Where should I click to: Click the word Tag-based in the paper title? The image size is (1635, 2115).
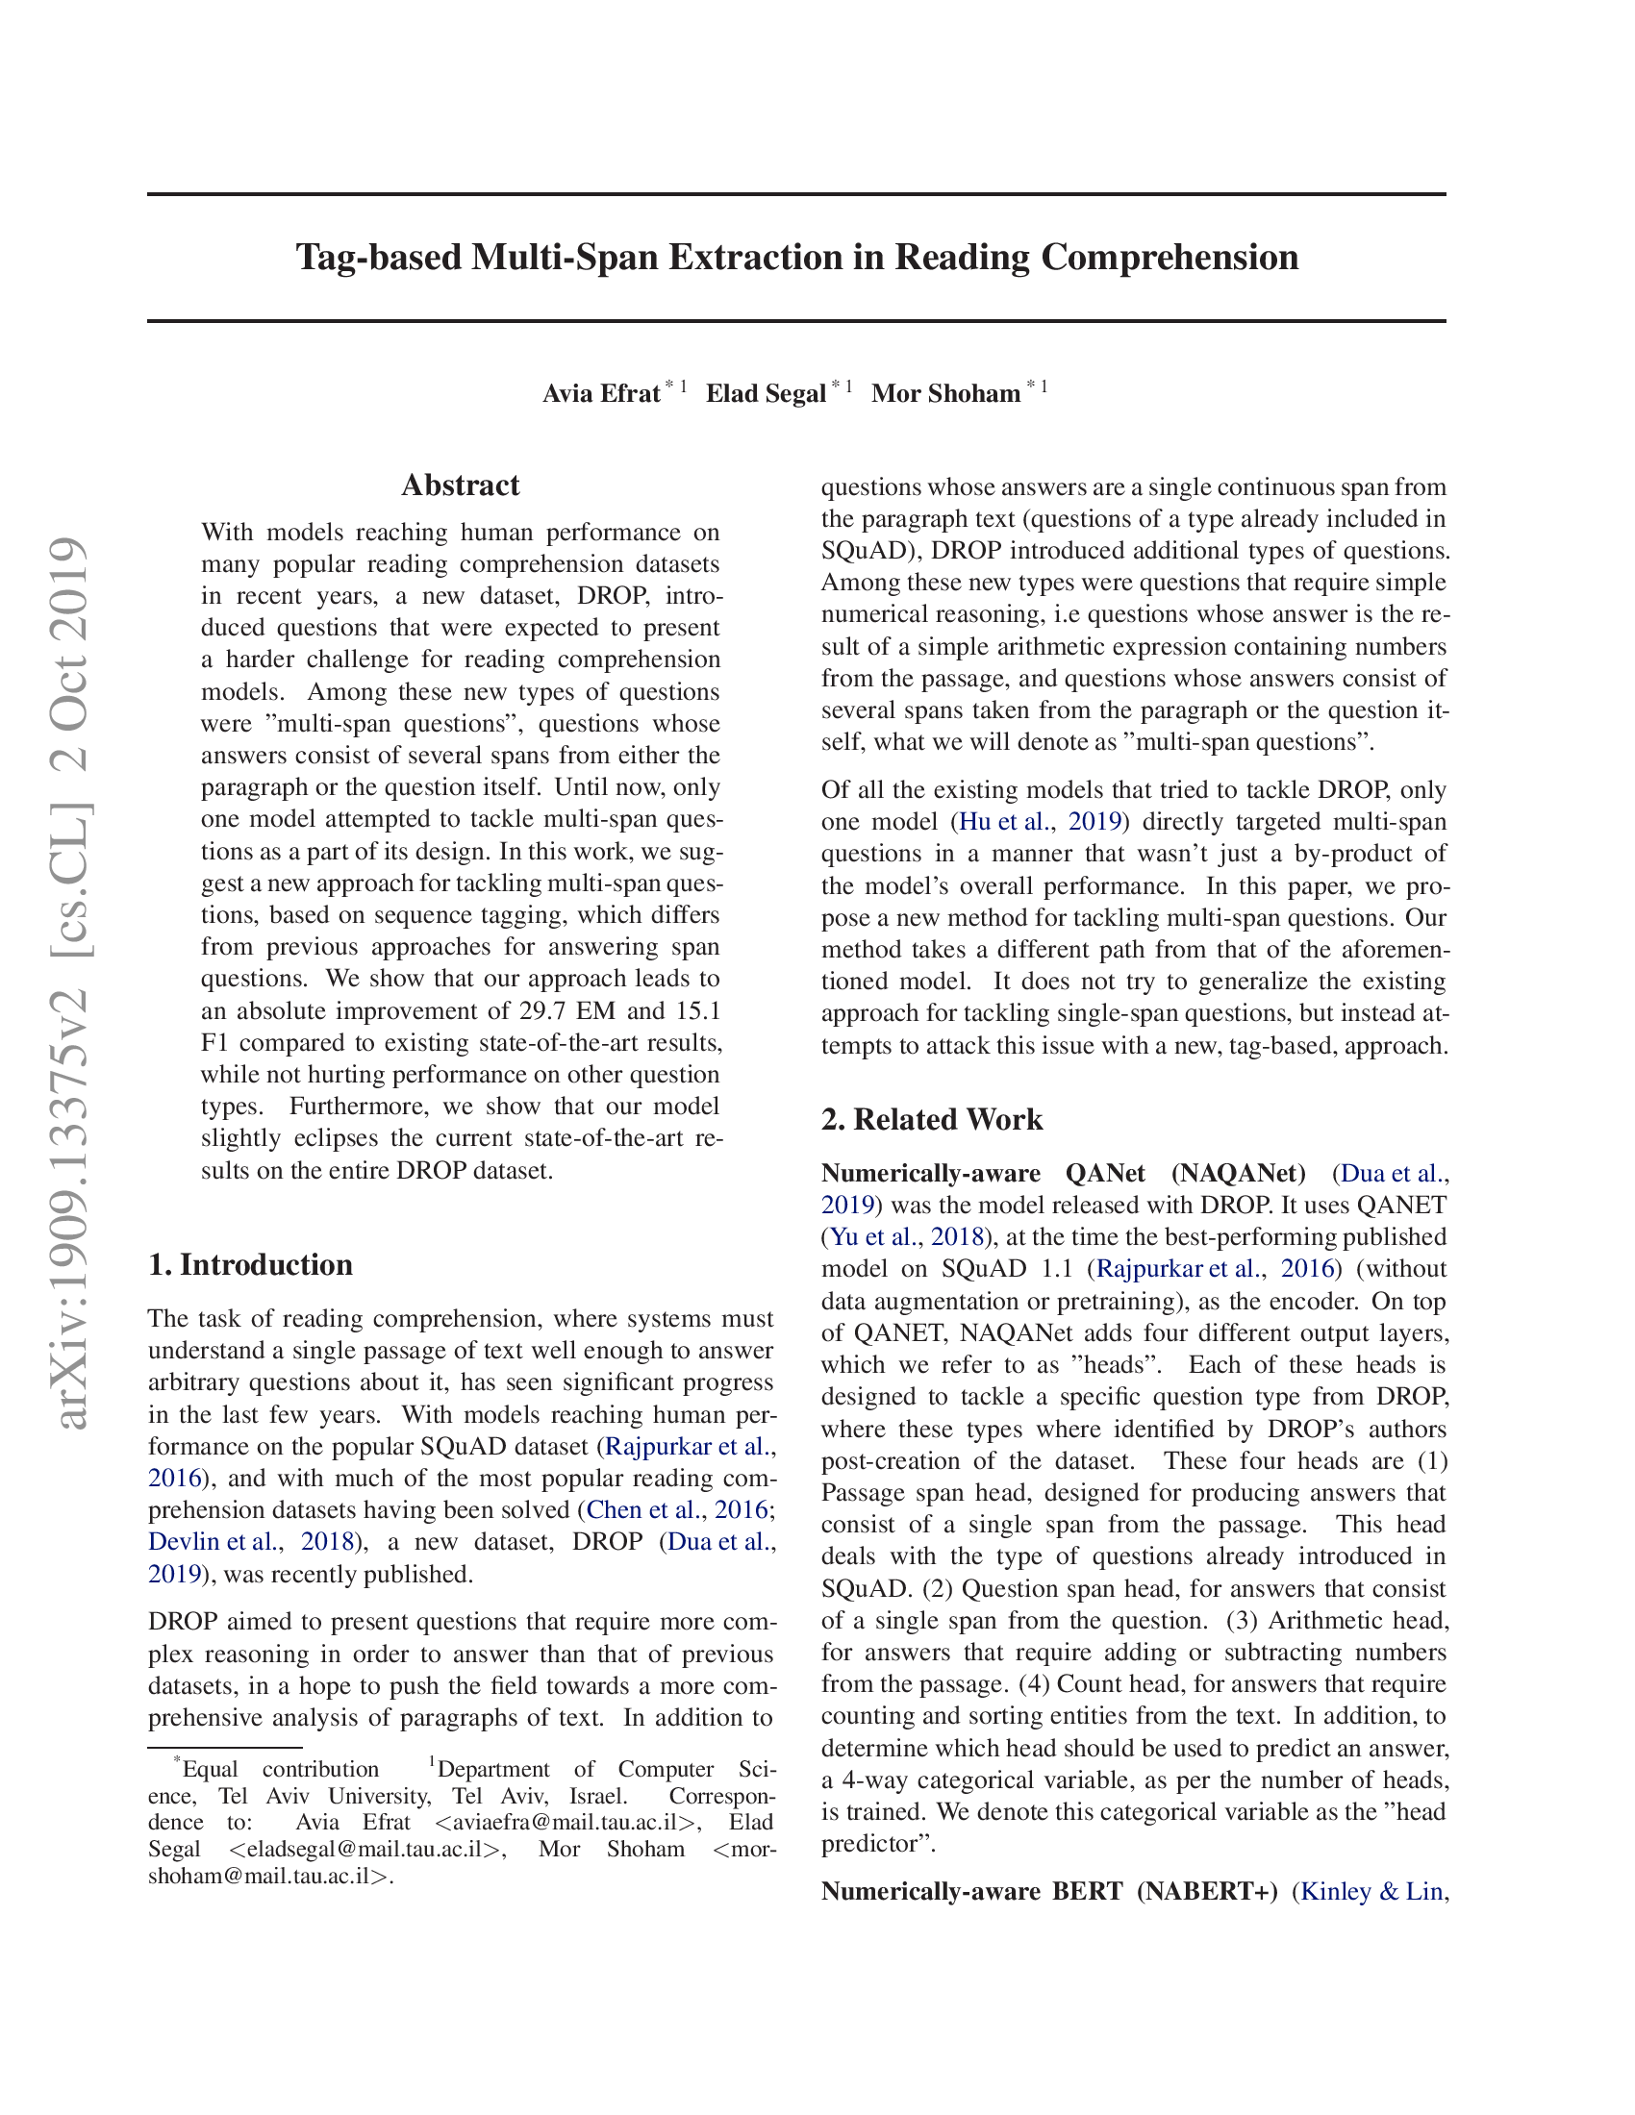(379, 258)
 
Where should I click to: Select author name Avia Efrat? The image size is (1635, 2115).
(600, 393)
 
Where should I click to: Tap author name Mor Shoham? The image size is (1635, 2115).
(945, 393)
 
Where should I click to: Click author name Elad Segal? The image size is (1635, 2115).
(766, 393)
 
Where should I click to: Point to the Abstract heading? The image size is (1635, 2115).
(460, 485)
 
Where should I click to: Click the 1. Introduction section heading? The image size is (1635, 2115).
(250, 1265)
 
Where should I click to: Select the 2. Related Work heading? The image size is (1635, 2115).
(931, 1119)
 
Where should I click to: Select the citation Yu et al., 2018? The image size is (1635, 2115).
(907, 1236)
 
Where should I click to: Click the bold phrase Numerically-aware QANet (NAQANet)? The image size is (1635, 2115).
(1063, 1173)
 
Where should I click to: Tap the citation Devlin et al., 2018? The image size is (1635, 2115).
(250, 1542)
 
